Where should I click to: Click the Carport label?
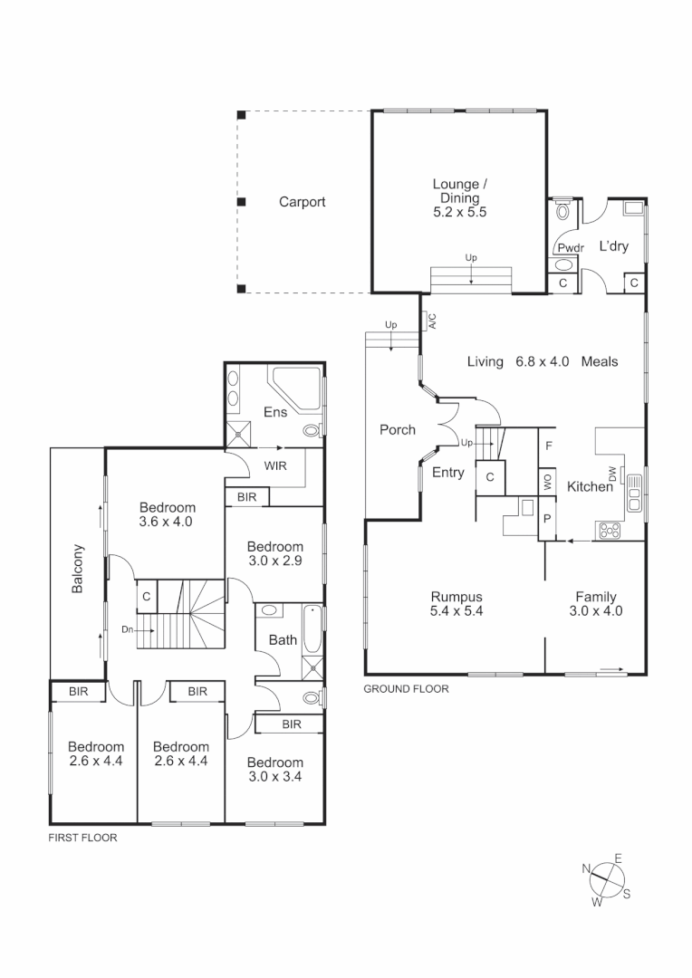pyautogui.click(x=302, y=202)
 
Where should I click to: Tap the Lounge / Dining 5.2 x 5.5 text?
pyautogui.click(x=459, y=198)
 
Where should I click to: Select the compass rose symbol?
pyautogui.click(x=607, y=877)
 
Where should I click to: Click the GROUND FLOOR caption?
pyautogui.click(x=406, y=689)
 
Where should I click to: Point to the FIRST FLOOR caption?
pyautogui.click(x=82, y=839)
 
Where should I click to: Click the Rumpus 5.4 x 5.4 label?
pyautogui.click(x=456, y=604)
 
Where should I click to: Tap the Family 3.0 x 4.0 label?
pyautogui.click(x=596, y=604)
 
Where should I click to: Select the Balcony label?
pyautogui.click(x=78, y=569)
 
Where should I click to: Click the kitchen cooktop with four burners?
pyautogui.click(x=608, y=529)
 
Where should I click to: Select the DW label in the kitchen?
pyautogui.click(x=612, y=474)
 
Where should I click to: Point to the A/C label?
pyautogui.click(x=432, y=321)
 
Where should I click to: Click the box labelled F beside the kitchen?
pyautogui.click(x=549, y=445)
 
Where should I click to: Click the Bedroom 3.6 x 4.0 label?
pyautogui.click(x=167, y=514)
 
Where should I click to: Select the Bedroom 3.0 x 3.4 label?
pyautogui.click(x=274, y=769)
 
